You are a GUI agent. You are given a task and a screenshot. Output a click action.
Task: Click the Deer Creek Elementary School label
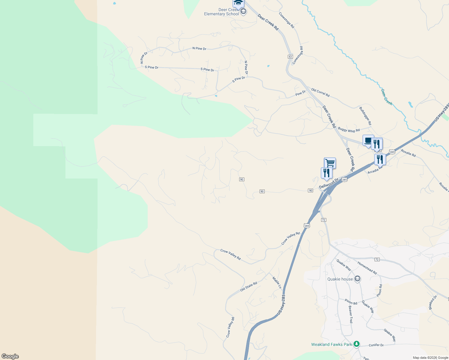pos(221,12)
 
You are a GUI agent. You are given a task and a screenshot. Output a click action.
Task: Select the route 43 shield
pos(290,56)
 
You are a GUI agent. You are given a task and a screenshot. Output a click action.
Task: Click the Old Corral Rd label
pos(320,92)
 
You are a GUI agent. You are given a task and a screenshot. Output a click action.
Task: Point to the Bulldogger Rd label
pos(365,116)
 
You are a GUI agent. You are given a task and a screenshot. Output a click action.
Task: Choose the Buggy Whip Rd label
pos(349,130)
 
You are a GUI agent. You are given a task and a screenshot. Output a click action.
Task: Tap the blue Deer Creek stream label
pos(387,97)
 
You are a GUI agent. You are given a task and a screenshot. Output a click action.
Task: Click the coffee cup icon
pos(368,140)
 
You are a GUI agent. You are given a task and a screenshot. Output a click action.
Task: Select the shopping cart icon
pos(330,163)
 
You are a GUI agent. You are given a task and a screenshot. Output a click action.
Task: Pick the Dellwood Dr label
pos(329,183)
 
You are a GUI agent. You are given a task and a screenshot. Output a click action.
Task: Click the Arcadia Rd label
pos(375,170)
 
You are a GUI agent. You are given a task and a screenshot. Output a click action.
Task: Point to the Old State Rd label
pos(249,286)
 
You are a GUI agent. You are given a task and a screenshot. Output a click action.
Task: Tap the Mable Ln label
pos(277,283)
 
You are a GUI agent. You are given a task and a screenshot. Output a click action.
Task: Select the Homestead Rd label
pos(367,268)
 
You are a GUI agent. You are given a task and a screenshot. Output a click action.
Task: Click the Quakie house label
pos(340,279)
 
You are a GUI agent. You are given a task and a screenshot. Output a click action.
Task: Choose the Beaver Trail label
pos(350,314)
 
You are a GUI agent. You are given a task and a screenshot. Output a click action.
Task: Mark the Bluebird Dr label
pos(433,302)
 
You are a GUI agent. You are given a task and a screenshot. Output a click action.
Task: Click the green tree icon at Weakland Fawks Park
pos(356,344)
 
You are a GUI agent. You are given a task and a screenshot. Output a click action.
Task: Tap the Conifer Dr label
pos(376,345)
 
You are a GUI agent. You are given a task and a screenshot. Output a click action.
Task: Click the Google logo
pos(10,356)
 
